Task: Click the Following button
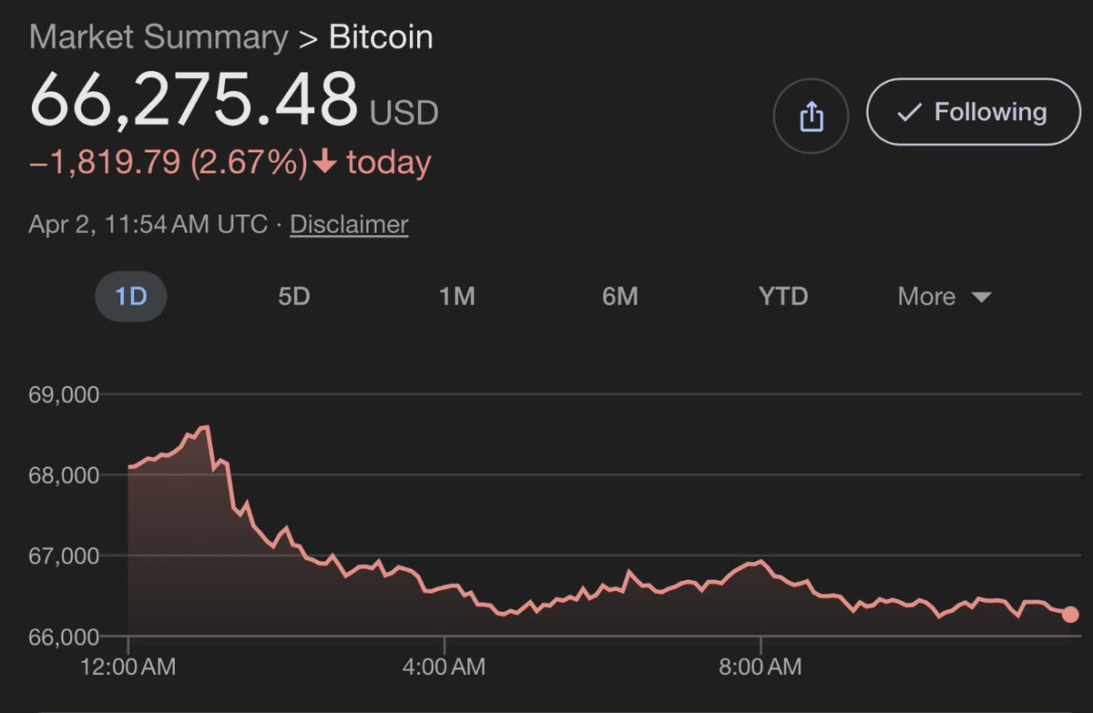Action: pos(973,112)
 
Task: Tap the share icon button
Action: pos(811,116)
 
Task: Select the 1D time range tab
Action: pos(131,297)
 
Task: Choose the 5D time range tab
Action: pos(294,297)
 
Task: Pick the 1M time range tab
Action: pos(457,297)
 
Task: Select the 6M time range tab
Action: pos(620,297)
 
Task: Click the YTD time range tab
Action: pos(783,297)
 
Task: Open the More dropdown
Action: pos(944,297)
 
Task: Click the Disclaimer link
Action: pos(349,224)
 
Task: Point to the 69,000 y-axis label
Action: pos(65,395)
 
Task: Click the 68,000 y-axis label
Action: pos(65,475)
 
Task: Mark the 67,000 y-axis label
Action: pos(65,555)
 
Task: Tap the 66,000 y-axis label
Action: pos(65,636)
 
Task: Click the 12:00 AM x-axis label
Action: pos(128,667)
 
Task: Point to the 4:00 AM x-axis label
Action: pos(444,667)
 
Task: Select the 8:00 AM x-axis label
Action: pos(761,667)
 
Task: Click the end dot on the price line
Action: pos(1070,615)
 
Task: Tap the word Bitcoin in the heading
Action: pos(381,37)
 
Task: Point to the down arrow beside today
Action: pos(325,164)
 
